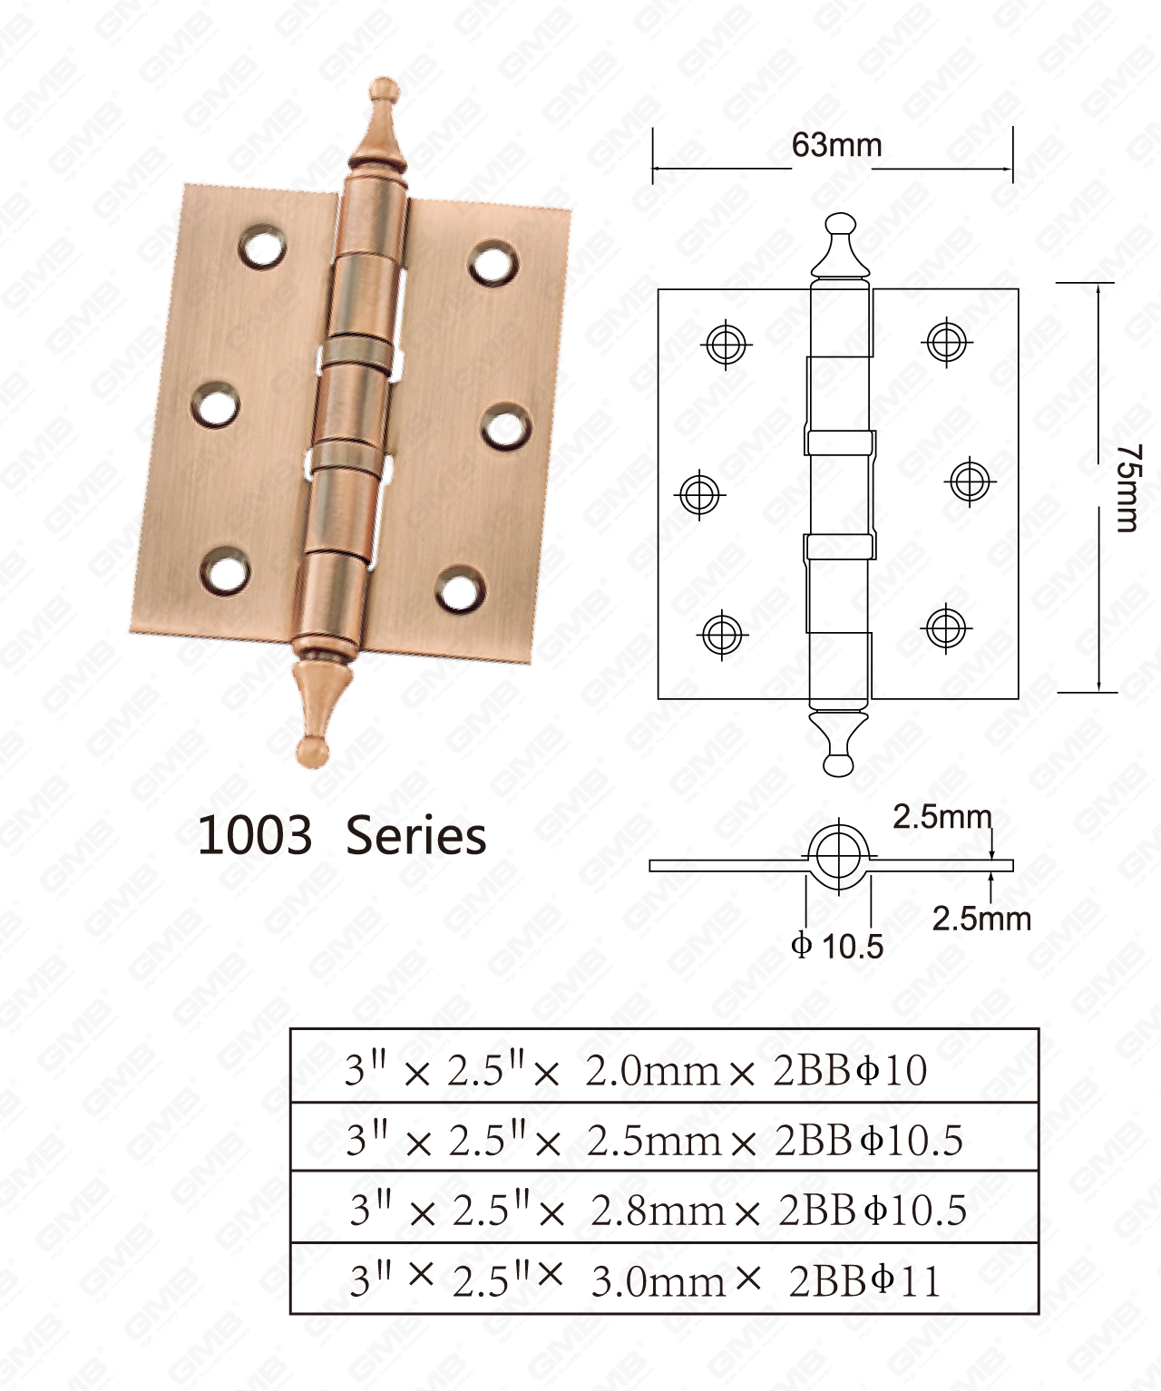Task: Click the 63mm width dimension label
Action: [836, 145]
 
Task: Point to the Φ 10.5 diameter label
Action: [837, 946]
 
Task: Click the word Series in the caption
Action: [416, 835]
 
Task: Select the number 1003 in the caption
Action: [255, 835]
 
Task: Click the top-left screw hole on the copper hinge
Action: [263, 246]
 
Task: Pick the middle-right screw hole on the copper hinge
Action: [505, 427]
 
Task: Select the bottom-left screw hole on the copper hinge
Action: [225, 571]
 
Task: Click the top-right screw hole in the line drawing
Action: [946, 341]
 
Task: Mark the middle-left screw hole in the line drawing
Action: [700, 494]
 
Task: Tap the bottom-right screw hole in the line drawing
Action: [945, 627]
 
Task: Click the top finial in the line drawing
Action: [840, 245]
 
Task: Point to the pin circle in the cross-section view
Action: [837, 855]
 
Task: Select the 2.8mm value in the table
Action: [658, 1210]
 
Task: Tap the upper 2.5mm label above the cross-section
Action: [942, 817]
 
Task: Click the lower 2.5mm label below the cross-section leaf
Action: [981, 919]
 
